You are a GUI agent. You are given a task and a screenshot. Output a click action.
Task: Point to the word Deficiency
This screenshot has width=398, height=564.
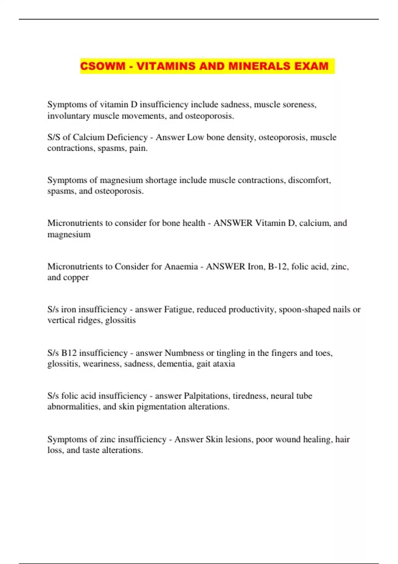point(127,137)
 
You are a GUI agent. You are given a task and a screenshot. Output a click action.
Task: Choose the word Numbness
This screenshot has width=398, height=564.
point(184,353)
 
